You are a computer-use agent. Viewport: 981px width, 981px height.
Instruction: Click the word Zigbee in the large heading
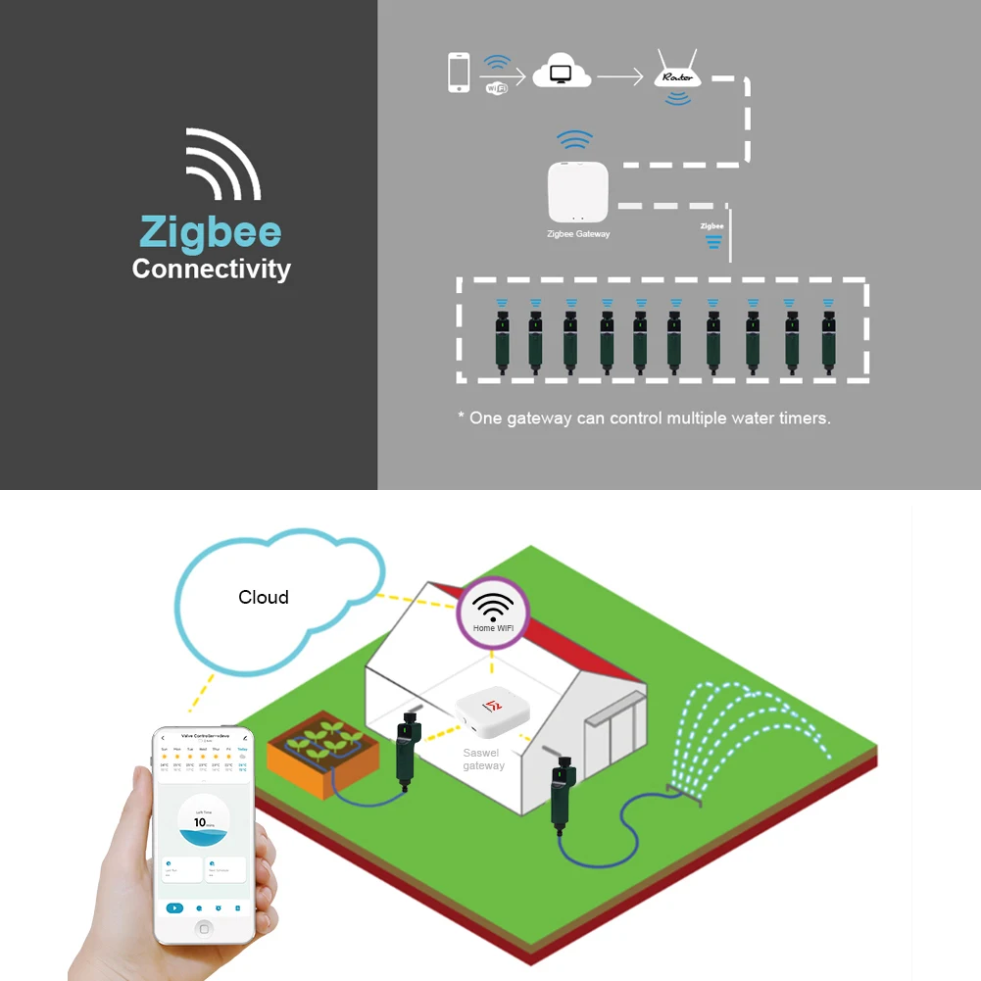pyautogui.click(x=211, y=232)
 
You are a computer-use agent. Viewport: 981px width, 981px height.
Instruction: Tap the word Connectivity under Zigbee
pyautogui.click(x=212, y=269)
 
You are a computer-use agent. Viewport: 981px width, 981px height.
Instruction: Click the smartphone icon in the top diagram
pyautogui.click(x=459, y=73)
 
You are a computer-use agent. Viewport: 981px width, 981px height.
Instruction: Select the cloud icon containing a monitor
pyautogui.click(x=562, y=74)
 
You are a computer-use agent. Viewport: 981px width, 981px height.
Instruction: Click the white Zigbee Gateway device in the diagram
pyautogui.click(x=578, y=192)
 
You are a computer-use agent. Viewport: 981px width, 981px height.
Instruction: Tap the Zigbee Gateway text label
pyautogui.click(x=578, y=234)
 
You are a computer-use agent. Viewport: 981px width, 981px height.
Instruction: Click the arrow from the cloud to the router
pyautogui.click(x=620, y=74)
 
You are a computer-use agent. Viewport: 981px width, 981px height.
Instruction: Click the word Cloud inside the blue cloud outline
pyautogui.click(x=264, y=597)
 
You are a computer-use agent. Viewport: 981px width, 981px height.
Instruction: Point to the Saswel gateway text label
pyautogui.click(x=483, y=760)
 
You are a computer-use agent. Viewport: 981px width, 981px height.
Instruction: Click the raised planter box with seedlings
pyautogui.click(x=316, y=749)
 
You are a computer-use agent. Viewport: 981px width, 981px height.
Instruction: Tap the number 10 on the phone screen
pyautogui.click(x=200, y=822)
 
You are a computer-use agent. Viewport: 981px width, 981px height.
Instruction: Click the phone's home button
pyautogui.click(x=204, y=928)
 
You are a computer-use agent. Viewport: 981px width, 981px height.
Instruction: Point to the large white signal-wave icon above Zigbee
pyautogui.click(x=223, y=164)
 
